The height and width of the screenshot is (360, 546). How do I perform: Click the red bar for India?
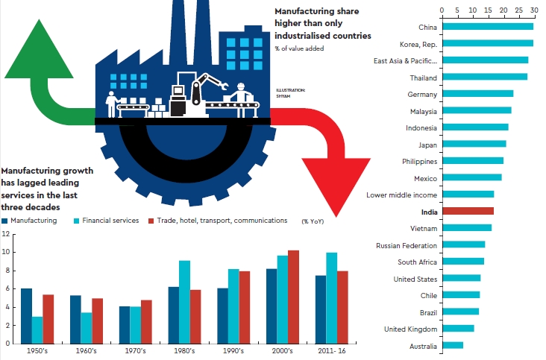coord(468,211)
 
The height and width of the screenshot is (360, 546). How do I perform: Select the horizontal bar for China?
coord(488,27)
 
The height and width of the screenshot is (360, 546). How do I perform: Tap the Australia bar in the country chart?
coord(453,345)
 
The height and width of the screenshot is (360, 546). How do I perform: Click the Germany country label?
coord(422,94)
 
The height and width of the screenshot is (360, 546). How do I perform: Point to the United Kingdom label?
coord(409,329)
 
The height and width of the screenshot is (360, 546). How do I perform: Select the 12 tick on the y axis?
coord(5,233)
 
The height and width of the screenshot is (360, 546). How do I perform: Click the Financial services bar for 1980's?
coord(185,302)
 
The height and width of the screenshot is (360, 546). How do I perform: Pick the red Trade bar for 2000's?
coord(293,297)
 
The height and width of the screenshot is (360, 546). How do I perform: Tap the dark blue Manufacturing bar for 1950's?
coord(27,315)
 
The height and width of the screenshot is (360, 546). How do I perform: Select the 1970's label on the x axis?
coord(135,350)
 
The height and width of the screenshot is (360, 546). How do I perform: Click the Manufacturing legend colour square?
coord(5,221)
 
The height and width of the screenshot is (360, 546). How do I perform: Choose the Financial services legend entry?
coord(110,221)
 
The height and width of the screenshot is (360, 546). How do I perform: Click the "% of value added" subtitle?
coord(299,48)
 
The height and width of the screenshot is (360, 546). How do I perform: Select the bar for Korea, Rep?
coord(488,43)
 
